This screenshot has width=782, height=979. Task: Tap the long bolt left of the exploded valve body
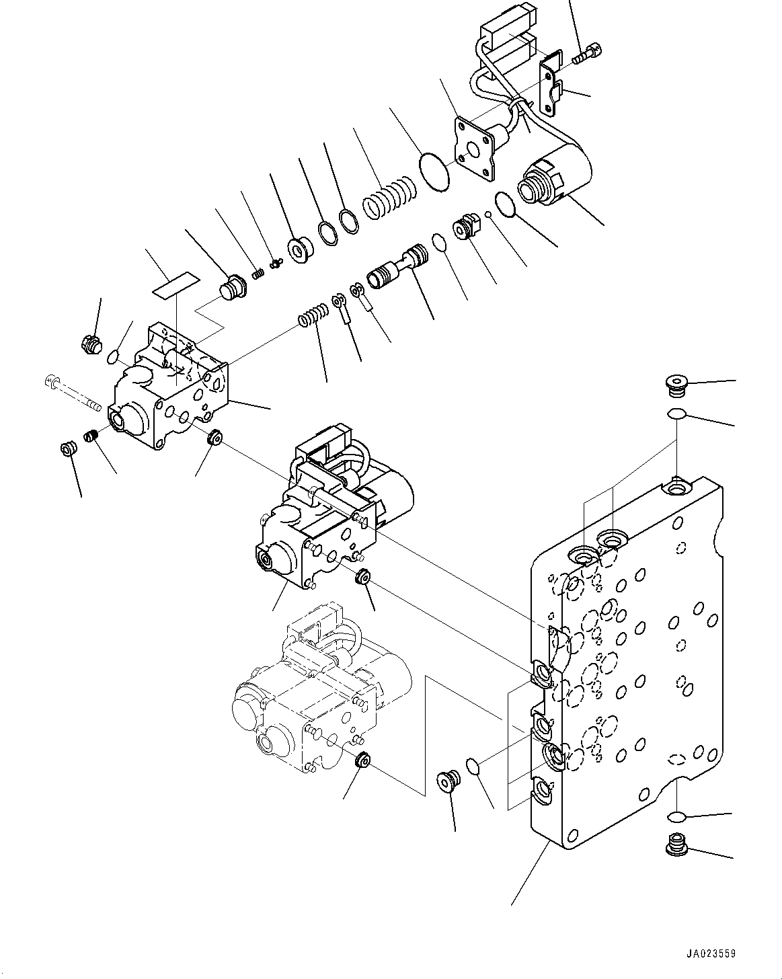(73, 395)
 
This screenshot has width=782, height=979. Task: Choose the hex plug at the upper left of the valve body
(90, 344)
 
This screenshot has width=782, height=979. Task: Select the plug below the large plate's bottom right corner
(674, 844)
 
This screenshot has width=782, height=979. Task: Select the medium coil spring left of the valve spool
(314, 316)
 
